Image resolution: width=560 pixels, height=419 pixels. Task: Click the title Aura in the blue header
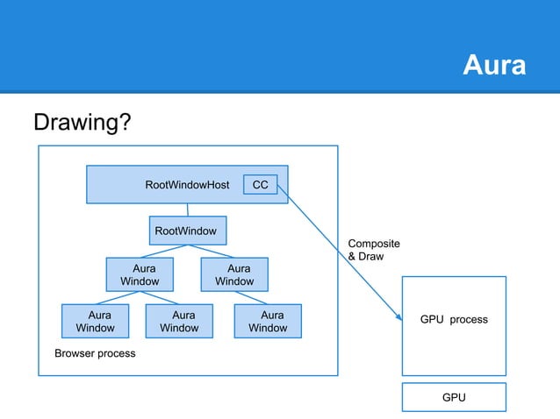(x=494, y=66)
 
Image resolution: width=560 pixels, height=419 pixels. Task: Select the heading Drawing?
(x=83, y=123)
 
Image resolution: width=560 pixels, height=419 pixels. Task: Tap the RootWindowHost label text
(x=187, y=185)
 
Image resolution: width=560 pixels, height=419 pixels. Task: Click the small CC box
(x=260, y=185)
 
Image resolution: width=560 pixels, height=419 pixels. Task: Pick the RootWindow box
(x=186, y=231)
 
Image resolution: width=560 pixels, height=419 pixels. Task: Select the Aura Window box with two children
(x=139, y=273)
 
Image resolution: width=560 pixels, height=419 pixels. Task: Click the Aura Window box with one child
(x=234, y=273)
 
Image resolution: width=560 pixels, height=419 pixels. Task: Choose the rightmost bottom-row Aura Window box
(x=268, y=321)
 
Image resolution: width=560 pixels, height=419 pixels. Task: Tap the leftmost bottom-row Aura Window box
(x=95, y=321)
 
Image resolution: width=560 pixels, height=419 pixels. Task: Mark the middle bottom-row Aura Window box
(x=179, y=321)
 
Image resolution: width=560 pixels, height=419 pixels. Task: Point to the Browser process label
(x=95, y=354)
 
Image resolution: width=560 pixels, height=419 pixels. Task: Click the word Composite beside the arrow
(x=374, y=244)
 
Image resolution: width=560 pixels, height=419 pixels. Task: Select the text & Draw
(x=365, y=257)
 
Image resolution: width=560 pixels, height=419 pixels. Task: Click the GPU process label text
(x=453, y=320)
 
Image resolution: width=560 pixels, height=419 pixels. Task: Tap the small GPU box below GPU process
(x=453, y=397)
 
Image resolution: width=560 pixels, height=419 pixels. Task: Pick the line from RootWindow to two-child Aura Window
(x=162, y=252)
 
